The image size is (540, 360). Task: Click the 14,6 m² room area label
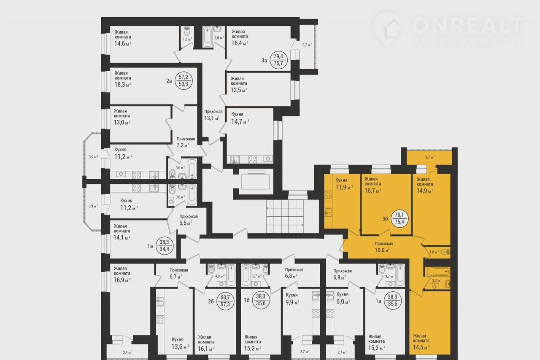123,43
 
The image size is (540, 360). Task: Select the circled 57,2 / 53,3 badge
183,81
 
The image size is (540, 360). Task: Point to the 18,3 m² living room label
123,85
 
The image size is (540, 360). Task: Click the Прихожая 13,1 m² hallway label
213,115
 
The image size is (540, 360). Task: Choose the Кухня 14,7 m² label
240,118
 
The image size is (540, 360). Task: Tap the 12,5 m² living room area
239,90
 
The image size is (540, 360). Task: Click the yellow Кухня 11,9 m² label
344,184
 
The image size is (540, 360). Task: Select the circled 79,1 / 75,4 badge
399,218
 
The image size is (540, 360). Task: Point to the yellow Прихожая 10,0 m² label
383,247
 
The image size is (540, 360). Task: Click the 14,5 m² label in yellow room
421,347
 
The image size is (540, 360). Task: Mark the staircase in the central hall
285,216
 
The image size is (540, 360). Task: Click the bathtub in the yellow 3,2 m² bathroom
437,272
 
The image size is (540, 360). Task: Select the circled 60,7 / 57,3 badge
225,301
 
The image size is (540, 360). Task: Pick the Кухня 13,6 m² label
180,344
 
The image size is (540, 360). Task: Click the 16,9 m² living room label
122,280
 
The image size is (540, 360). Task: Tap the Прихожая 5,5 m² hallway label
189,220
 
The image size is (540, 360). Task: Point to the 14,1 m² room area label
122,238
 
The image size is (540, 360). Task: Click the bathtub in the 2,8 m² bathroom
207,37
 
